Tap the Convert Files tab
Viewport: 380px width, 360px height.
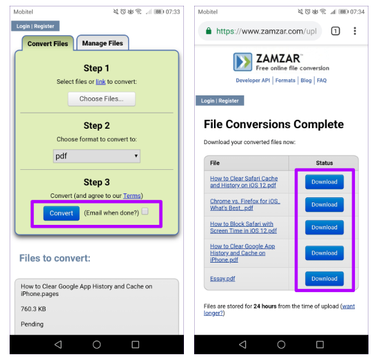[48, 44]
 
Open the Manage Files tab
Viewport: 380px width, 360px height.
[103, 43]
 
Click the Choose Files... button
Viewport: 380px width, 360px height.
[101, 99]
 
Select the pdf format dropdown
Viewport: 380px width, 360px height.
[97, 156]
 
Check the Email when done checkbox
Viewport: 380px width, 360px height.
[145, 211]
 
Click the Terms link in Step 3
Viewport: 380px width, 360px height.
[132, 196]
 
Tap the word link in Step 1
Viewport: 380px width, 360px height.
[101, 82]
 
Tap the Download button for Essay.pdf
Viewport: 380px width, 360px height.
[324, 279]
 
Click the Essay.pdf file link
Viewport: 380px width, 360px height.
[222, 279]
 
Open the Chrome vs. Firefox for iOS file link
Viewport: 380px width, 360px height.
[245, 205]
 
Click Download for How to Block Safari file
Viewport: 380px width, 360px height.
[324, 227]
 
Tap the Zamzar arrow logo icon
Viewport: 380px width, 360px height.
[243, 61]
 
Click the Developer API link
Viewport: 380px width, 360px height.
[252, 81]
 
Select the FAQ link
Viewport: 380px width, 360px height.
[322, 81]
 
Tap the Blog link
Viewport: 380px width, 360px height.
[306, 81]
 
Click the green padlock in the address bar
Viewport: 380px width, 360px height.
[208, 31]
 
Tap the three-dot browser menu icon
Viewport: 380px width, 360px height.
[355, 31]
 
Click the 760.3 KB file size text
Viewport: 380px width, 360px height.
[33, 309]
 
